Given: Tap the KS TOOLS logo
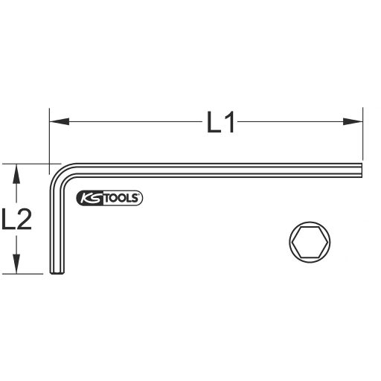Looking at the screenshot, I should click(x=109, y=196).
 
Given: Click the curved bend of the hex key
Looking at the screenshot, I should click(x=61, y=173).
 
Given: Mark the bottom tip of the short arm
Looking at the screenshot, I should click(x=57, y=273).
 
